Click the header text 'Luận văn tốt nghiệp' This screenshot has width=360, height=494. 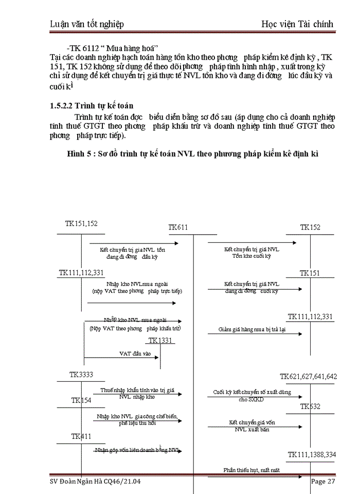[87, 24]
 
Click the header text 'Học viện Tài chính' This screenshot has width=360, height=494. [297, 24]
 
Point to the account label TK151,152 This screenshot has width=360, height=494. [81, 223]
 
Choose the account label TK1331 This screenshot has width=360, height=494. [161, 340]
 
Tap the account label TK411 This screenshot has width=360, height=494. [81, 436]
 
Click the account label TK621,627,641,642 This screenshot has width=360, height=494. [309, 377]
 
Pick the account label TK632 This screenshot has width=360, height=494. [311, 407]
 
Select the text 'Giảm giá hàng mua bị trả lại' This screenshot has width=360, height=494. [251, 329]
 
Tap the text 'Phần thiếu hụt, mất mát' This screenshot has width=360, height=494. [251, 470]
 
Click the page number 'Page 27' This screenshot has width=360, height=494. [323, 482]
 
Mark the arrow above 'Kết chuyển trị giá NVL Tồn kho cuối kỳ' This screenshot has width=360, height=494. [252, 242]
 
